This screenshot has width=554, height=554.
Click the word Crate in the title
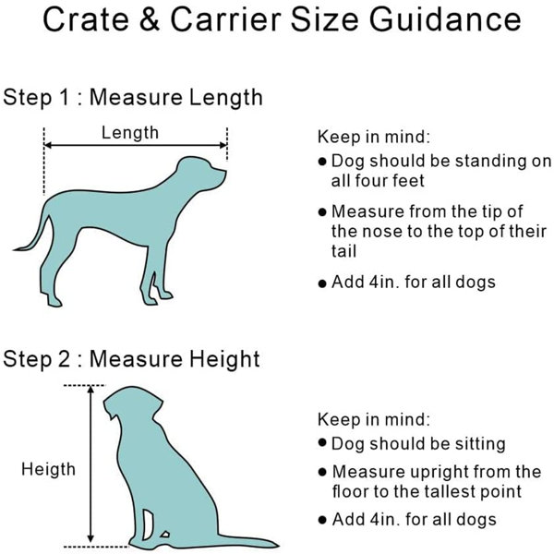(x=86, y=19)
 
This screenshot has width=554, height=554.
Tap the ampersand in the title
(x=150, y=19)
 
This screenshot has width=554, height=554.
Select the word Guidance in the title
(x=445, y=19)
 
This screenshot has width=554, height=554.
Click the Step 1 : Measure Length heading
(x=132, y=98)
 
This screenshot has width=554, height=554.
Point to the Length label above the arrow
(x=130, y=133)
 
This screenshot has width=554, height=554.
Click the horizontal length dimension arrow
(x=136, y=145)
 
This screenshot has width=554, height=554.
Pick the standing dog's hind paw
(x=54, y=302)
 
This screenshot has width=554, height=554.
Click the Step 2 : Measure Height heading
(x=131, y=359)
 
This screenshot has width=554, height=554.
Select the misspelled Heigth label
(x=48, y=470)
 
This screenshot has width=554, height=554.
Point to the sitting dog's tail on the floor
(x=247, y=541)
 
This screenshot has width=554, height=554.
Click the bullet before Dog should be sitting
(x=322, y=442)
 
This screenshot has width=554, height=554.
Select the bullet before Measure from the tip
(x=322, y=212)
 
